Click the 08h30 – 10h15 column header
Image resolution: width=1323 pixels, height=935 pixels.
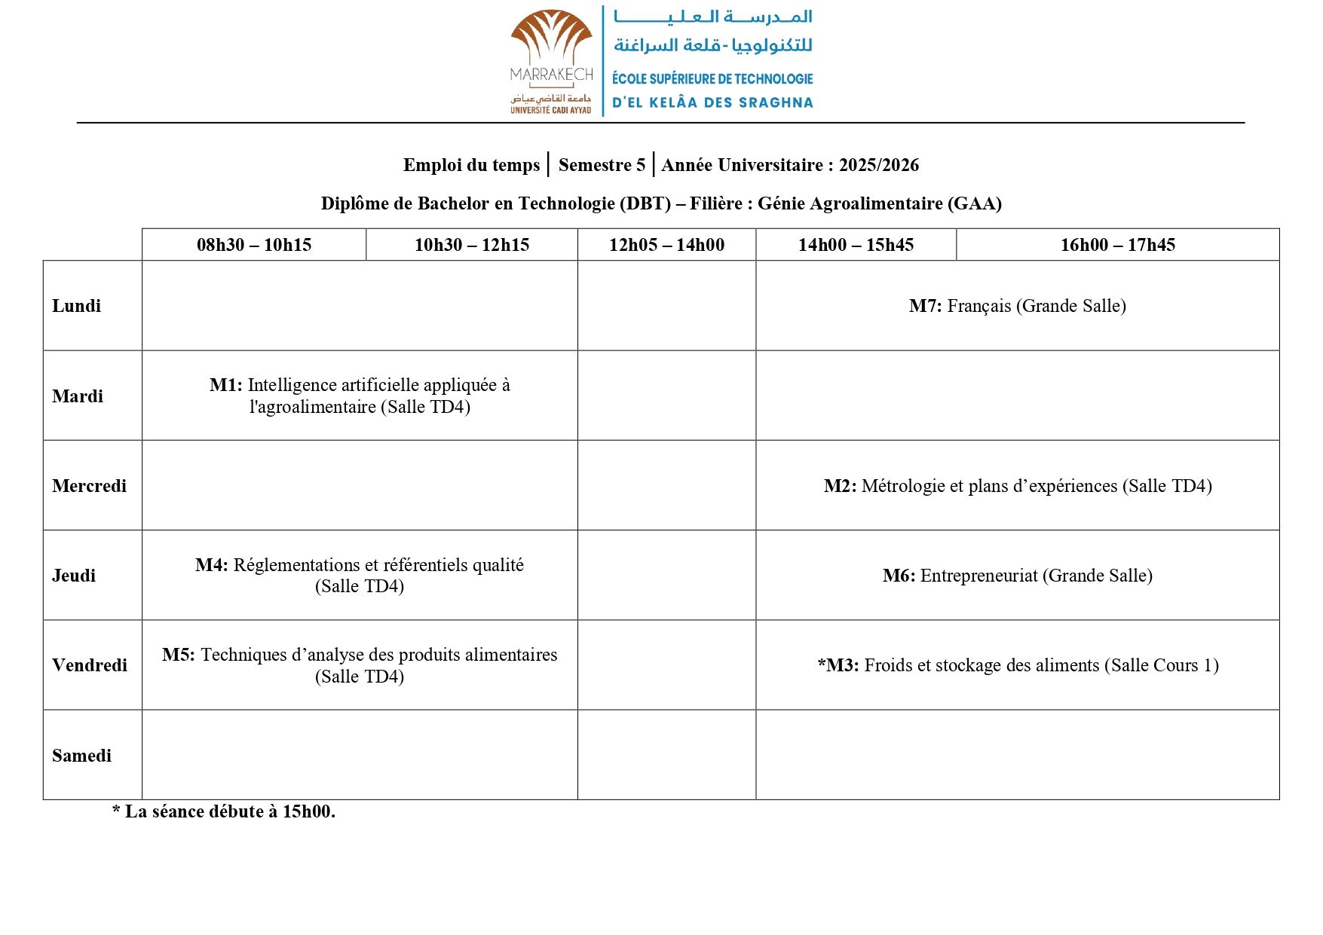tap(254, 245)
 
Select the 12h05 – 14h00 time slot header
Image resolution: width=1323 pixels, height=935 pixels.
tap(666, 245)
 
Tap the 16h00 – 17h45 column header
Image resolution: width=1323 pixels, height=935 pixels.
tap(1117, 245)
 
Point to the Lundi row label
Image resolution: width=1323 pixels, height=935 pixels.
tap(76, 306)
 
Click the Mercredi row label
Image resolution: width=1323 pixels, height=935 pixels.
tap(89, 486)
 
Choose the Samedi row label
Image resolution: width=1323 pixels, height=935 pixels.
tap(81, 756)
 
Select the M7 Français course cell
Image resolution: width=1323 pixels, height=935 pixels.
tap(1017, 306)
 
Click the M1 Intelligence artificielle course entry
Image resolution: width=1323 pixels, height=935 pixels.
tap(360, 396)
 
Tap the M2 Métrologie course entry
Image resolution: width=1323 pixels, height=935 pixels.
tap(1017, 486)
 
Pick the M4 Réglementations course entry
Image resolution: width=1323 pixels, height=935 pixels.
tap(360, 576)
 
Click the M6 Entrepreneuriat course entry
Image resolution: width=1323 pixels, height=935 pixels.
tap(1017, 576)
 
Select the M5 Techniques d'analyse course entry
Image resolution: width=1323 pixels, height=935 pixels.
tap(360, 665)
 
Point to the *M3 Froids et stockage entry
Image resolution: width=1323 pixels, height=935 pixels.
tap(1017, 665)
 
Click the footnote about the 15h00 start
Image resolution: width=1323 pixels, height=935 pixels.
tap(224, 811)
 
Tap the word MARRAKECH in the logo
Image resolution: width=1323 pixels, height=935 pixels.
tap(551, 75)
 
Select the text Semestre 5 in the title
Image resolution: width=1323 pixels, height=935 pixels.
tap(602, 165)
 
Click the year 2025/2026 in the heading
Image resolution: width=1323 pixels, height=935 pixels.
tap(878, 165)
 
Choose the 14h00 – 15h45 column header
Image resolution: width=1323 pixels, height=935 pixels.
tap(856, 245)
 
